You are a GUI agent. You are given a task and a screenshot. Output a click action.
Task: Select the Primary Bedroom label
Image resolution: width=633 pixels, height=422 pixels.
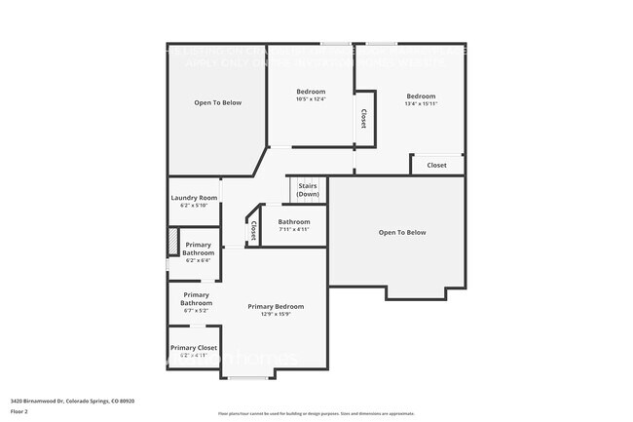(x=276, y=306)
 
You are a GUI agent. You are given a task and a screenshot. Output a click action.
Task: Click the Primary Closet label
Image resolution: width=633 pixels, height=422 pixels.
(x=194, y=348)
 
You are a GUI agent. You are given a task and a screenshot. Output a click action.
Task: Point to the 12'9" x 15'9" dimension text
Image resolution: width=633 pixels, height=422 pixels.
(x=276, y=314)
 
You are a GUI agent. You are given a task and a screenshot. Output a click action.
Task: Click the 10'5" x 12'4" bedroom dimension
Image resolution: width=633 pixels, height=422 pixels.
(x=311, y=98)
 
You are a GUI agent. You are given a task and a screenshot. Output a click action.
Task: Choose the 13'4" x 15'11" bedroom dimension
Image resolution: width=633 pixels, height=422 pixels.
(x=421, y=103)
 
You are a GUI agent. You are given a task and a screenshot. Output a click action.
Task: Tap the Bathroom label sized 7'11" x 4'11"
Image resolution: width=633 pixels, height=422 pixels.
(x=293, y=221)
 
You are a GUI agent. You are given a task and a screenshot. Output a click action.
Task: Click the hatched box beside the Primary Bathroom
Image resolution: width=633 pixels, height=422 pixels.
(x=173, y=241)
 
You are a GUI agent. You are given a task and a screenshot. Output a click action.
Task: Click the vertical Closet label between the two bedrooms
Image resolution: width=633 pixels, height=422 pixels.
(x=363, y=118)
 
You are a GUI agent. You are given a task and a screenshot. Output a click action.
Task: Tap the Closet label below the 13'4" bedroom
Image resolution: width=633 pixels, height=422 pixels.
(x=436, y=165)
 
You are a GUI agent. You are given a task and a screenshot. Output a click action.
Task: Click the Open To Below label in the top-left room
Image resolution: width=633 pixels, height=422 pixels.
(x=217, y=102)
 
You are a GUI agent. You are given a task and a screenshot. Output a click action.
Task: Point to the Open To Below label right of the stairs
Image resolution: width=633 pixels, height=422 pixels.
(x=402, y=232)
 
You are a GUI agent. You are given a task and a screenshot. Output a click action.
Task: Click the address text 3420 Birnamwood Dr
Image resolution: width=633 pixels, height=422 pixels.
(x=72, y=401)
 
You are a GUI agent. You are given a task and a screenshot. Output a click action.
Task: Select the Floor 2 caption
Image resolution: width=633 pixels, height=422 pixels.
(x=20, y=411)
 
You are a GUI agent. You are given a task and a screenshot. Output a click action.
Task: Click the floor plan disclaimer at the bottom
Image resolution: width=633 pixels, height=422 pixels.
(x=316, y=413)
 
